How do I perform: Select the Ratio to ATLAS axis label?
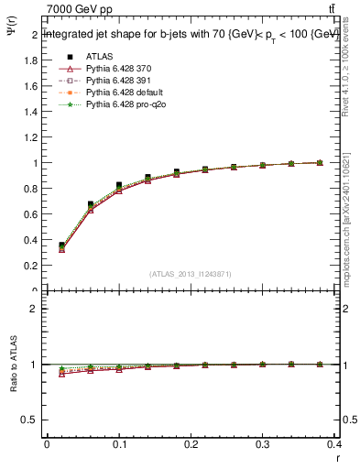pos(13,366)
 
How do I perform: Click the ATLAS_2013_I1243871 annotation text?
pos(190,275)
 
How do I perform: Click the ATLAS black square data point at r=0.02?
pos(61,245)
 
